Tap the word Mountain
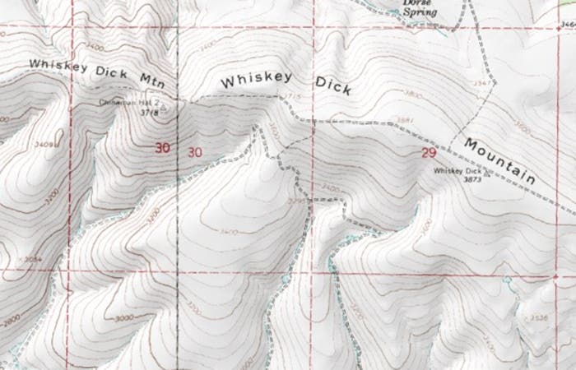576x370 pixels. [x=499, y=161]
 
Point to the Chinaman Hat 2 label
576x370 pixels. [x=127, y=103]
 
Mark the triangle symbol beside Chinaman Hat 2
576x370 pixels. [x=163, y=106]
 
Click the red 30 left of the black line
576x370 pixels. [x=164, y=149]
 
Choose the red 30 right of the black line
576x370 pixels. [x=194, y=151]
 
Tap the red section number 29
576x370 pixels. [x=427, y=153]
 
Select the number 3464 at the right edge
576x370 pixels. [x=567, y=25]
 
